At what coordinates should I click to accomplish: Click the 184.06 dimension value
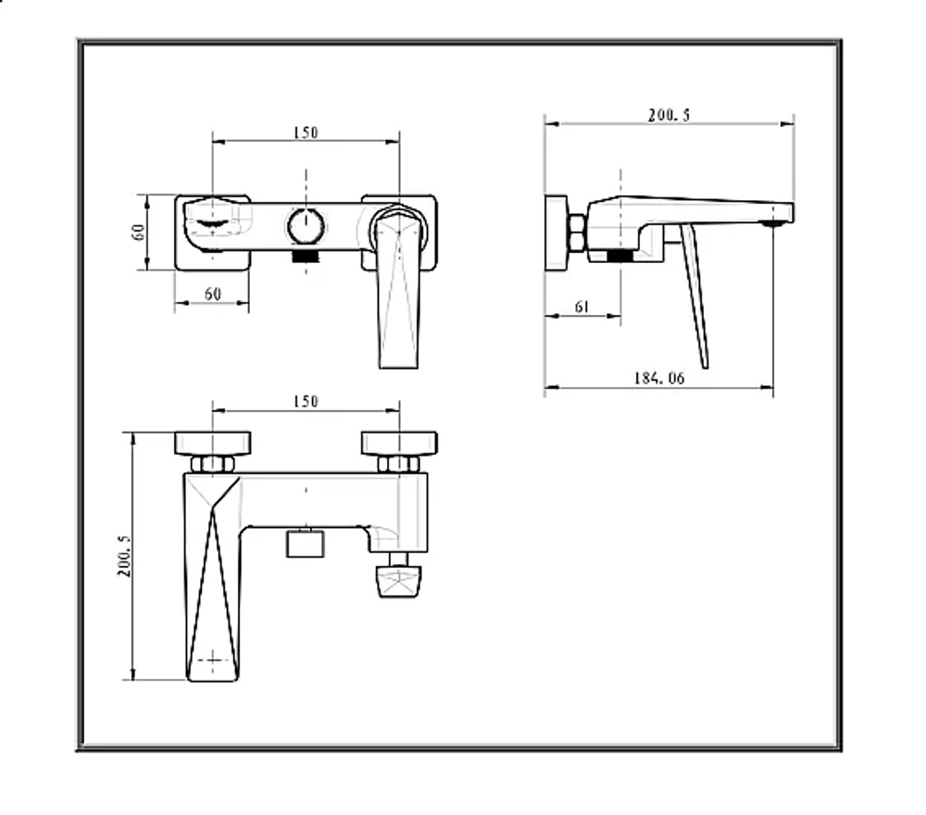pyautogui.click(x=659, y=378)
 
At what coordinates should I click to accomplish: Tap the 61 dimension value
pyautogui.click(x=582, y=307)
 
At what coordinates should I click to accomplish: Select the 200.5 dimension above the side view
pyautogui.click(x=669, y=115)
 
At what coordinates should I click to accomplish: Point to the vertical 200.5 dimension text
pyautogui.click(x=125, y=556)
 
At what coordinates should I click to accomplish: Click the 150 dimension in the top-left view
pyautogui.click(x=306, y=132)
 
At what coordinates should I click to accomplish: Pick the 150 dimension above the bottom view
pyautogui.click(x=306, y=402)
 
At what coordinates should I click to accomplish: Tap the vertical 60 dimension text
pyautogui.click(x=138, y=232)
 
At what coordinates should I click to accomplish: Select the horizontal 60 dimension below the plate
pyautogui.click(x=213, y=294)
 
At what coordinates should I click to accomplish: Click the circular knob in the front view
pyautogui.click(x=306, y=226)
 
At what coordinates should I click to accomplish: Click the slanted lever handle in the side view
pyautogui.click(x=694, y=295)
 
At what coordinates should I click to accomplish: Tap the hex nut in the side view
pyautogui.click(x=577, y=232)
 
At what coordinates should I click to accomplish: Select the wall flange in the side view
pyautogui.click(x=556, y=233)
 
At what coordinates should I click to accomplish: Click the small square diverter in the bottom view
pyautogui.click(x=306, y=544)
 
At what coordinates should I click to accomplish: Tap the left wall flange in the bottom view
pyautogui.click(x=213, y=444)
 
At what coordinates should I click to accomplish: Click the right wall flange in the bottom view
pyautogui.click(x=399, y=444)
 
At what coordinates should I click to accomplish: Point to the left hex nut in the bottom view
pyautogui.click(x=213, y=464)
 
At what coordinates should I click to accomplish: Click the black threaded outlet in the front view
pyautogui.click(x=306, y=257)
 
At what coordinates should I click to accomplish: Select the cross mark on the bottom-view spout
pyautogui.click(x=212, y=659)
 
